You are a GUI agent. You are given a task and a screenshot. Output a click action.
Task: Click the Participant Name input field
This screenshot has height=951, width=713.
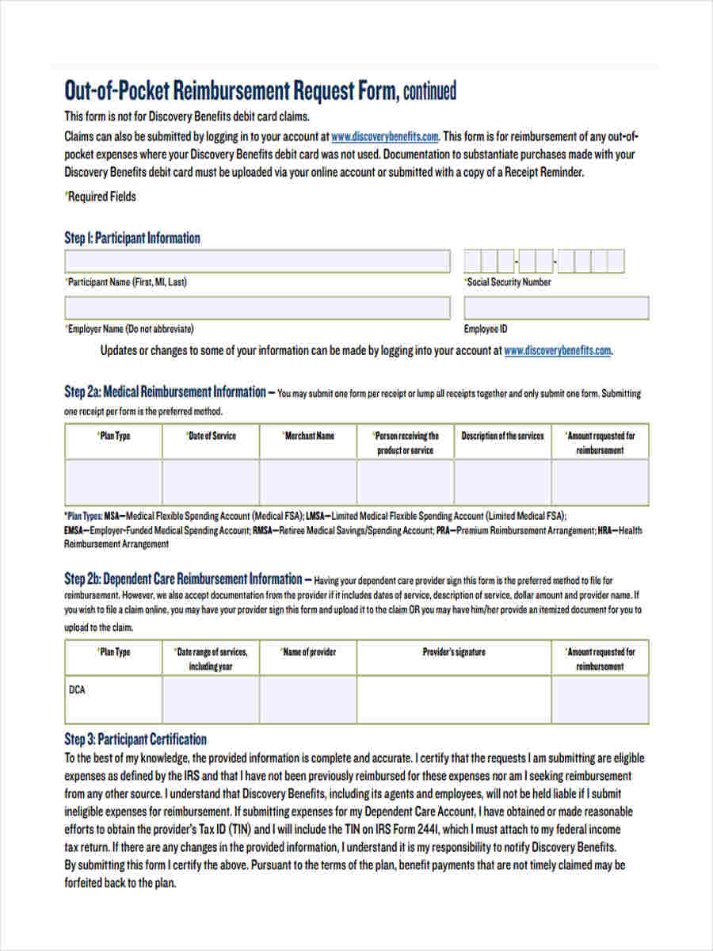click(257, 262)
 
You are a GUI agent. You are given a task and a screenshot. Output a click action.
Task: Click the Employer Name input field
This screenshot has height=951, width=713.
click(257, 308)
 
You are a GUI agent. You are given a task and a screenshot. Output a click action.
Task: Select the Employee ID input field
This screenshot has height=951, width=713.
click(555, 308)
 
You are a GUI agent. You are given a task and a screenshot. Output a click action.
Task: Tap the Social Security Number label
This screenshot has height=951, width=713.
click(509, 282)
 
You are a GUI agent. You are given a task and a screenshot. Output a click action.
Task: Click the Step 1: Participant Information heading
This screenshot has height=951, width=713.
click(132, 238)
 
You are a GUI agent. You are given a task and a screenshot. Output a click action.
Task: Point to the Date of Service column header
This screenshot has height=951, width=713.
click(211, 436)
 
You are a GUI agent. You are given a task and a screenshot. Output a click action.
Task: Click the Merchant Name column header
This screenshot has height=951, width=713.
click(308, 436)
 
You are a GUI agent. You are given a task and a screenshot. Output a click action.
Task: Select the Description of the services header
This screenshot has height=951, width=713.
click(502, 436)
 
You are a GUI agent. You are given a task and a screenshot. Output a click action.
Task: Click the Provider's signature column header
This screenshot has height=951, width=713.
click(454, 652)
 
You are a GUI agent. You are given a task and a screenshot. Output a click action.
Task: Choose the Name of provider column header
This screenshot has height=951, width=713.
click(308, 652)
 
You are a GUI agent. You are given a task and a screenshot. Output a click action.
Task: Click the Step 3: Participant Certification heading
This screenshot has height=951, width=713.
click(135, 739)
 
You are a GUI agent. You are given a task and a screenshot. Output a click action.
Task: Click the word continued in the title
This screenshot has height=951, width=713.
click(429, 92)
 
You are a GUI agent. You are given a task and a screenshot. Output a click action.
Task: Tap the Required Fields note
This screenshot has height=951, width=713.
click(101, 197)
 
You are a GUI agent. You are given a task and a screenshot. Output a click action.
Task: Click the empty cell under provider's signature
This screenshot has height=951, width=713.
click(454, 699)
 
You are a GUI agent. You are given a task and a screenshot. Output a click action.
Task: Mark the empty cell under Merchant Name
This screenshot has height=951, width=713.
click(308, 482)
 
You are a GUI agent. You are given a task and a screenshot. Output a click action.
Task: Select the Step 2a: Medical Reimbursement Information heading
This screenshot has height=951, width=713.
click(165, 391)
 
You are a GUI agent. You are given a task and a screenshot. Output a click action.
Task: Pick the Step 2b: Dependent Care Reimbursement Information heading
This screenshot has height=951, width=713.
click(183, 579)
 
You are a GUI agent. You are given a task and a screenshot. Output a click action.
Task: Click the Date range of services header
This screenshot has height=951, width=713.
click(211, 659)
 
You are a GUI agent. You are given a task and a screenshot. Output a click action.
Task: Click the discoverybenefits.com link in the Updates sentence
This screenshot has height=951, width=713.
click(558, 350)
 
